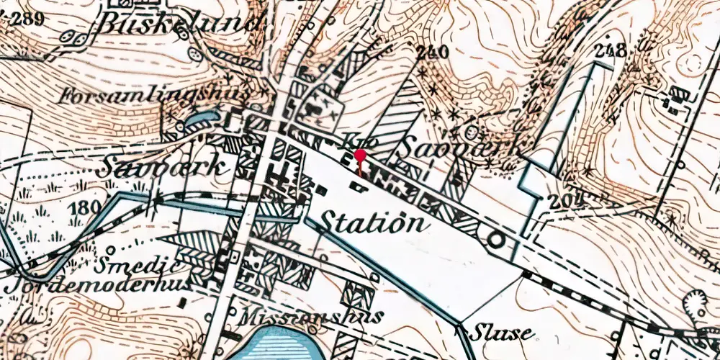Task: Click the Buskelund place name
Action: (x=180, y=23)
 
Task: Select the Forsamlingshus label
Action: (x=155, y=94)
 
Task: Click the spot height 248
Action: (x=611, y=50)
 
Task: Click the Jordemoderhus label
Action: (x=96, y=284)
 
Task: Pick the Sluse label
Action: (x=502, y=333)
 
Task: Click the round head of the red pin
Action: (x=360, y=155)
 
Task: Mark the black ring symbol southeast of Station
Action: (x=495, y=240)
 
